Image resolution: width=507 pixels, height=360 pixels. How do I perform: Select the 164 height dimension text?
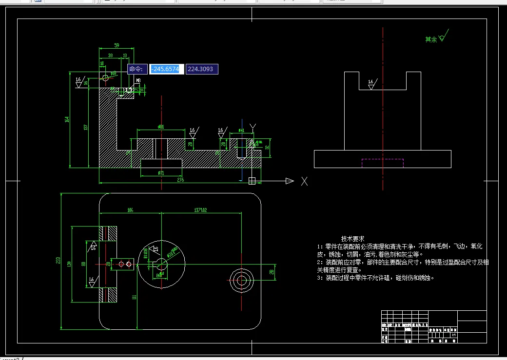(x=67, y=119)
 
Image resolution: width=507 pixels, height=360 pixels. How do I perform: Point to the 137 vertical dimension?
(x=86, y=128)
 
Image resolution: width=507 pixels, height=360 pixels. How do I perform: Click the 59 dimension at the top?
(x=117, y=45)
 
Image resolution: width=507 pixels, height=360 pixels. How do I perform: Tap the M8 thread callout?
(x=138, y=80)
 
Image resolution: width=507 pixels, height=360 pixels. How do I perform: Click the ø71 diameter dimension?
(x=161, y=173)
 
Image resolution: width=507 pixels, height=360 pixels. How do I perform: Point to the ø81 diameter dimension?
(x=161, y=127)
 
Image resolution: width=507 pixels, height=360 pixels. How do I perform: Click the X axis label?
(x=304, y=181)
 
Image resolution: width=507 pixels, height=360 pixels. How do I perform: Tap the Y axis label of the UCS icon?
(x=252, y=128)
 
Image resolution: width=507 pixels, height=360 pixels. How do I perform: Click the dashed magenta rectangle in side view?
(x=382, y=163)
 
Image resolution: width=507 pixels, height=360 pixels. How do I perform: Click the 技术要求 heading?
(x=352, y=239)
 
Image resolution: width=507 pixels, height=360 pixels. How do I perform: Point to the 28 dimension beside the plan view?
(x=272, y=271)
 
